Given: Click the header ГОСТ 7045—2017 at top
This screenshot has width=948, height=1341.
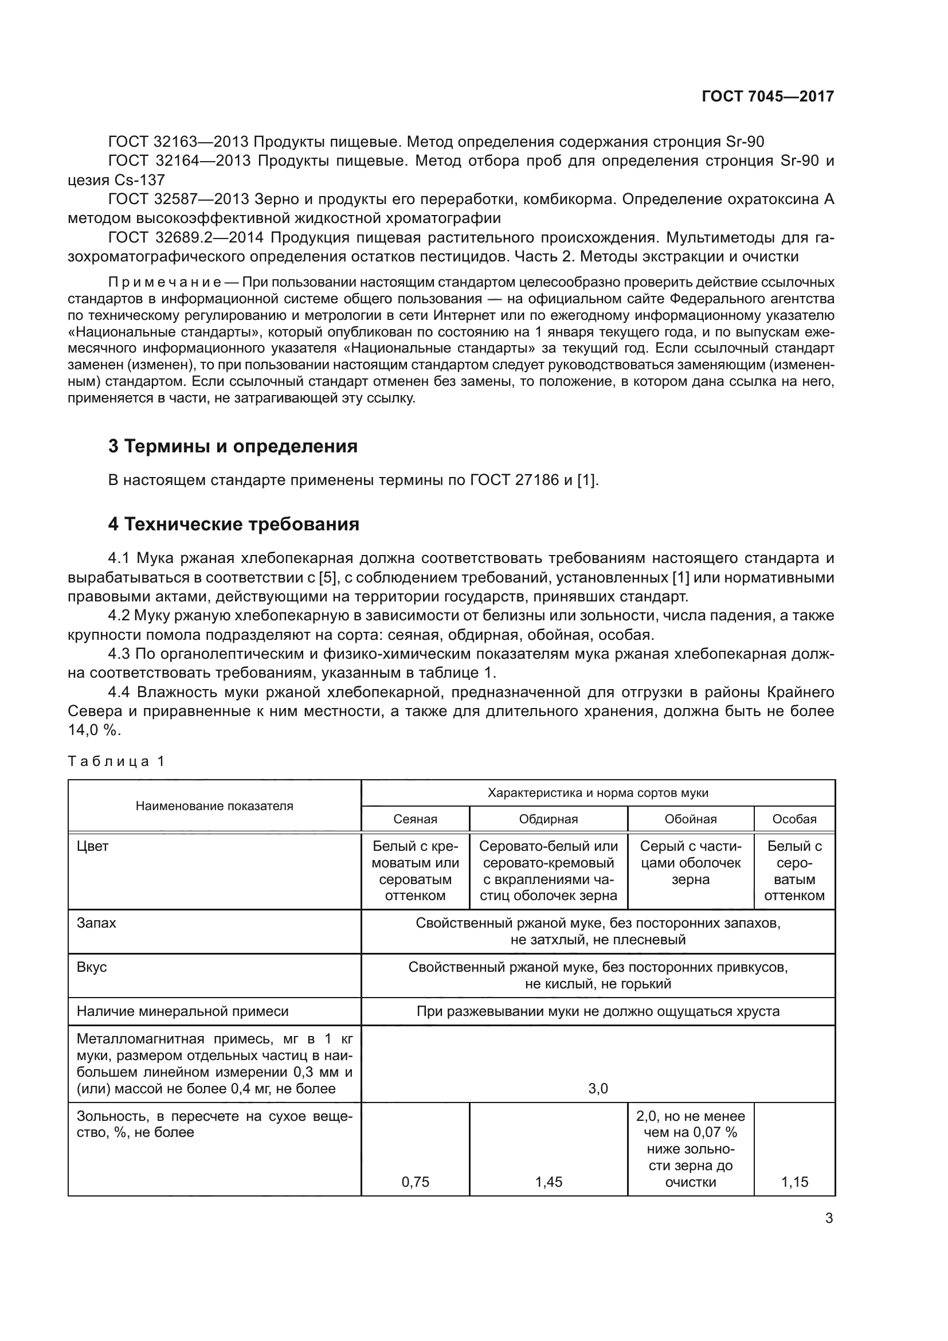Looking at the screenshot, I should tap(767, 96).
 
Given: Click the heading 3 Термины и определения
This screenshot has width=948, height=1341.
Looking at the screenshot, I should tap(232, 446).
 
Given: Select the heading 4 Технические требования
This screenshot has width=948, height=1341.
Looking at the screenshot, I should tap(233, 524).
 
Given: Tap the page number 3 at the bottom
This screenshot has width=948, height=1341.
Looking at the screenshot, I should tap(829, 1218).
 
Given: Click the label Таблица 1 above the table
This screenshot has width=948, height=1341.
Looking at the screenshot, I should tap(116, 761).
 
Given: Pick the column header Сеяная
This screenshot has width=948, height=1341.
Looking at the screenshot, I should tap(415, 819).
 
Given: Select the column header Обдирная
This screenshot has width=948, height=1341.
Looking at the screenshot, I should tap(548, 819).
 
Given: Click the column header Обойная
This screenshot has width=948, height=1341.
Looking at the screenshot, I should tap(691, 819).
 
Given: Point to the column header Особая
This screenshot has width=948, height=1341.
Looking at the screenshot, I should tap(794, 819).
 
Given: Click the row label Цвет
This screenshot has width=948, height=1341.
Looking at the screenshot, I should tap(92, 846).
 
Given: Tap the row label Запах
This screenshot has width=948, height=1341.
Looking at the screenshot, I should tap(96, 923).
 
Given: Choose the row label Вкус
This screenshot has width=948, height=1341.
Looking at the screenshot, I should tap(92, 967).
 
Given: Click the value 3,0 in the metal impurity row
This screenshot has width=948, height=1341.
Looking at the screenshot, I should tap(598, 1089).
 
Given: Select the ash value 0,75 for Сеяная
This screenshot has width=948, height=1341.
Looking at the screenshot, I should tap(415, 1182).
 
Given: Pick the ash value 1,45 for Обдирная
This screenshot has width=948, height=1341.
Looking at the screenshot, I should tap(548, 1182).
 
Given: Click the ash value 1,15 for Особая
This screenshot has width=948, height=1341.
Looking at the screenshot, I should tap(794, 1182).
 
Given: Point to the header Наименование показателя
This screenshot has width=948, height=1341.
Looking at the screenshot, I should tap(214, 806).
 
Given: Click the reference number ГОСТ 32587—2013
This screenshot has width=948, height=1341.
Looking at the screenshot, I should tap(179, 199).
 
